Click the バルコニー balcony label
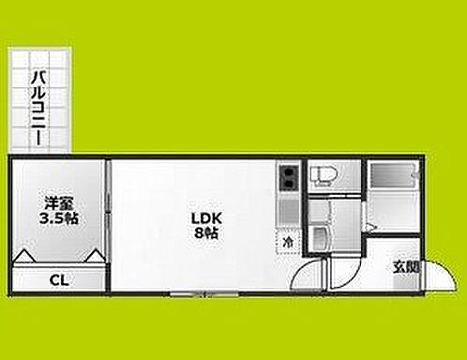pyautogui.click(x=38, y=109)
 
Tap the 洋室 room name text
pyautogui.click(x=59, y=203)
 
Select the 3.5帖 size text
pyautogui.click(x=59, y=218)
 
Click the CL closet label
pyautogui.click(x=59, y=280)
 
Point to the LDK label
pyautogui.click(x=206, y=218)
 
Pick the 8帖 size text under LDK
pyautogui.click(x=206, y=233)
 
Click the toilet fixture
pyautogui.click(x=323, y=175)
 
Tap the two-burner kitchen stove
pyautogui.click(x=289, y=178)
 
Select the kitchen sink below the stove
pyautogui.click(x=289, y=212)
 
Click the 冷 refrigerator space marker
pyautogui.click(x=288, y=242)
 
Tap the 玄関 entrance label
pyautogui.click(x=406, y=267)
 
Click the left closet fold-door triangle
pyautogui.click(x=25, y=255)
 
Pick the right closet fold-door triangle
pyautogui.click(x=95, y=255)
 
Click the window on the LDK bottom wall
pyautogui.click(x=204, y=293)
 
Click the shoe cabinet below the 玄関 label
pyautogui.click(x=406, y=282)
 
